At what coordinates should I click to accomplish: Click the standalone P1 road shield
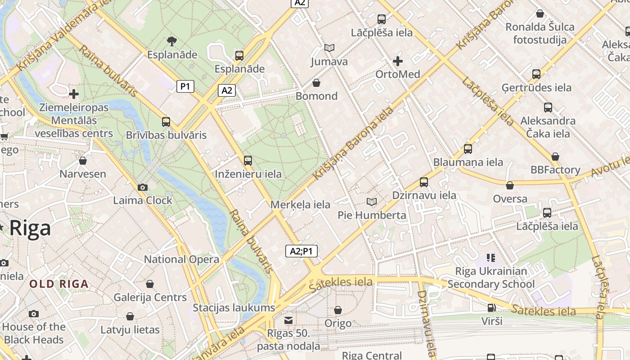tap(185, 86)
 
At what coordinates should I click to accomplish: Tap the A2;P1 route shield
tap(301, 251)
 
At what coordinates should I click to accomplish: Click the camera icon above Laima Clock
tap(143, 187)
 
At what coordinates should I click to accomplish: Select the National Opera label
tap(181, 259)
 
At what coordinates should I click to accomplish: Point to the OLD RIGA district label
tap(59, 284)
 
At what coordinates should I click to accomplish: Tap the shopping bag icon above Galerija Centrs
tap(150, 284)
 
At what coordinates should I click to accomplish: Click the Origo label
tap(338, 324)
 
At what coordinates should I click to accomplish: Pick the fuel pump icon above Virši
tap(492, 308)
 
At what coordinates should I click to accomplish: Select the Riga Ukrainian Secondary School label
tap(491, 278)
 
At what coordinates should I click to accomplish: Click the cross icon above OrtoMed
tap(398, 61)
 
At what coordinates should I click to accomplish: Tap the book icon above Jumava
tap(329, 48)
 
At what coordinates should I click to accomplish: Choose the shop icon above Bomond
tap(316, 83)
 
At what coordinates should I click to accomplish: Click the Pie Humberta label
tap(372, 215)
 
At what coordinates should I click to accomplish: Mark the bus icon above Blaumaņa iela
tap(468, 148)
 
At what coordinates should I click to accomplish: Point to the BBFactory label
tap(555, 170)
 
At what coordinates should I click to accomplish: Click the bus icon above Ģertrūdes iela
tap(536, 74)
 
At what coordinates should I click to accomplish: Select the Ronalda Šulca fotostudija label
tap(540, 33)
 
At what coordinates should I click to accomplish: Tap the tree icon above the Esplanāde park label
tap(171, 41)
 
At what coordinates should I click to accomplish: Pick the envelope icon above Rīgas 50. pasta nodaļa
tap(288, 320)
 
